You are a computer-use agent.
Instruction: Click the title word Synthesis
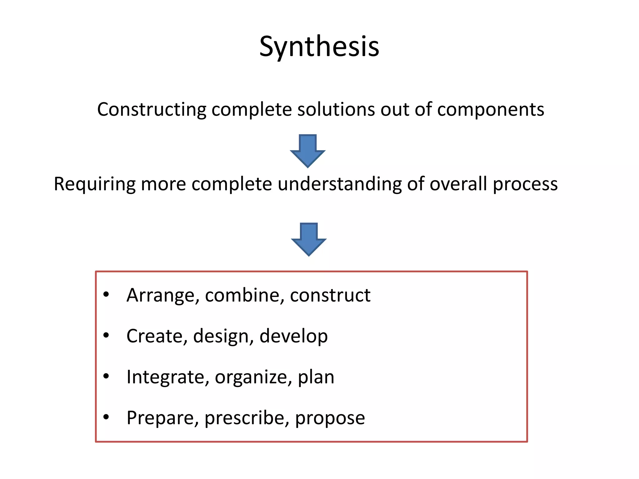click(x=319, y=47)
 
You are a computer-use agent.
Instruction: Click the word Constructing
click(x=152, y=109)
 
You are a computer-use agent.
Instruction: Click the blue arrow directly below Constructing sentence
click(x=308, y=151)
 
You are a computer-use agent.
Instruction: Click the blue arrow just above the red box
click(x=309, y=239)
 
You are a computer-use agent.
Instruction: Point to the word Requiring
click(x=95, y=184)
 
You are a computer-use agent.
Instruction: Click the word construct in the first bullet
click(x=330, y=295)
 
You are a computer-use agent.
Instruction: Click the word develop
click(x=294, y=336)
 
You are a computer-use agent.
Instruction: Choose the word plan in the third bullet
click(x=316, y=377)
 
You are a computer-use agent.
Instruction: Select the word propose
click(x=330, y=418)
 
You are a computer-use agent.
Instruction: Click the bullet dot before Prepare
click(x=106, y=417)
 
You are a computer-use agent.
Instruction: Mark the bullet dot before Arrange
click(x=106, y=294)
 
